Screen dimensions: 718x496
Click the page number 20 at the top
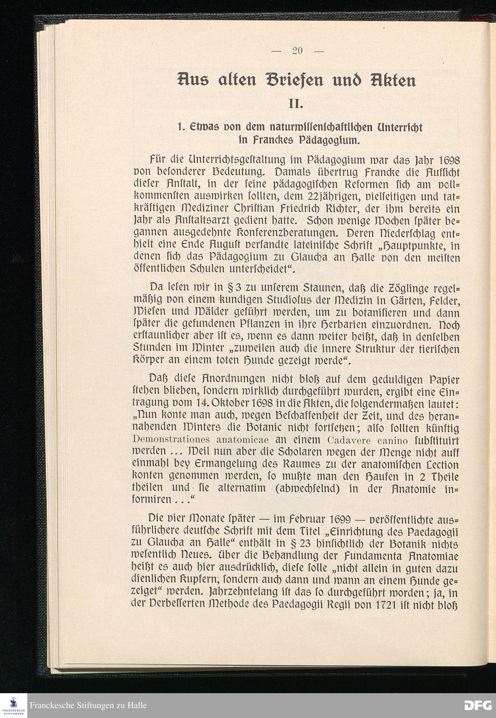click(x=298, y=50)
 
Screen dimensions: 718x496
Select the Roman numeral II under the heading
click(x=298, y=104)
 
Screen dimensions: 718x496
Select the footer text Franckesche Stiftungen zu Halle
click(x=88, y=706)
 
